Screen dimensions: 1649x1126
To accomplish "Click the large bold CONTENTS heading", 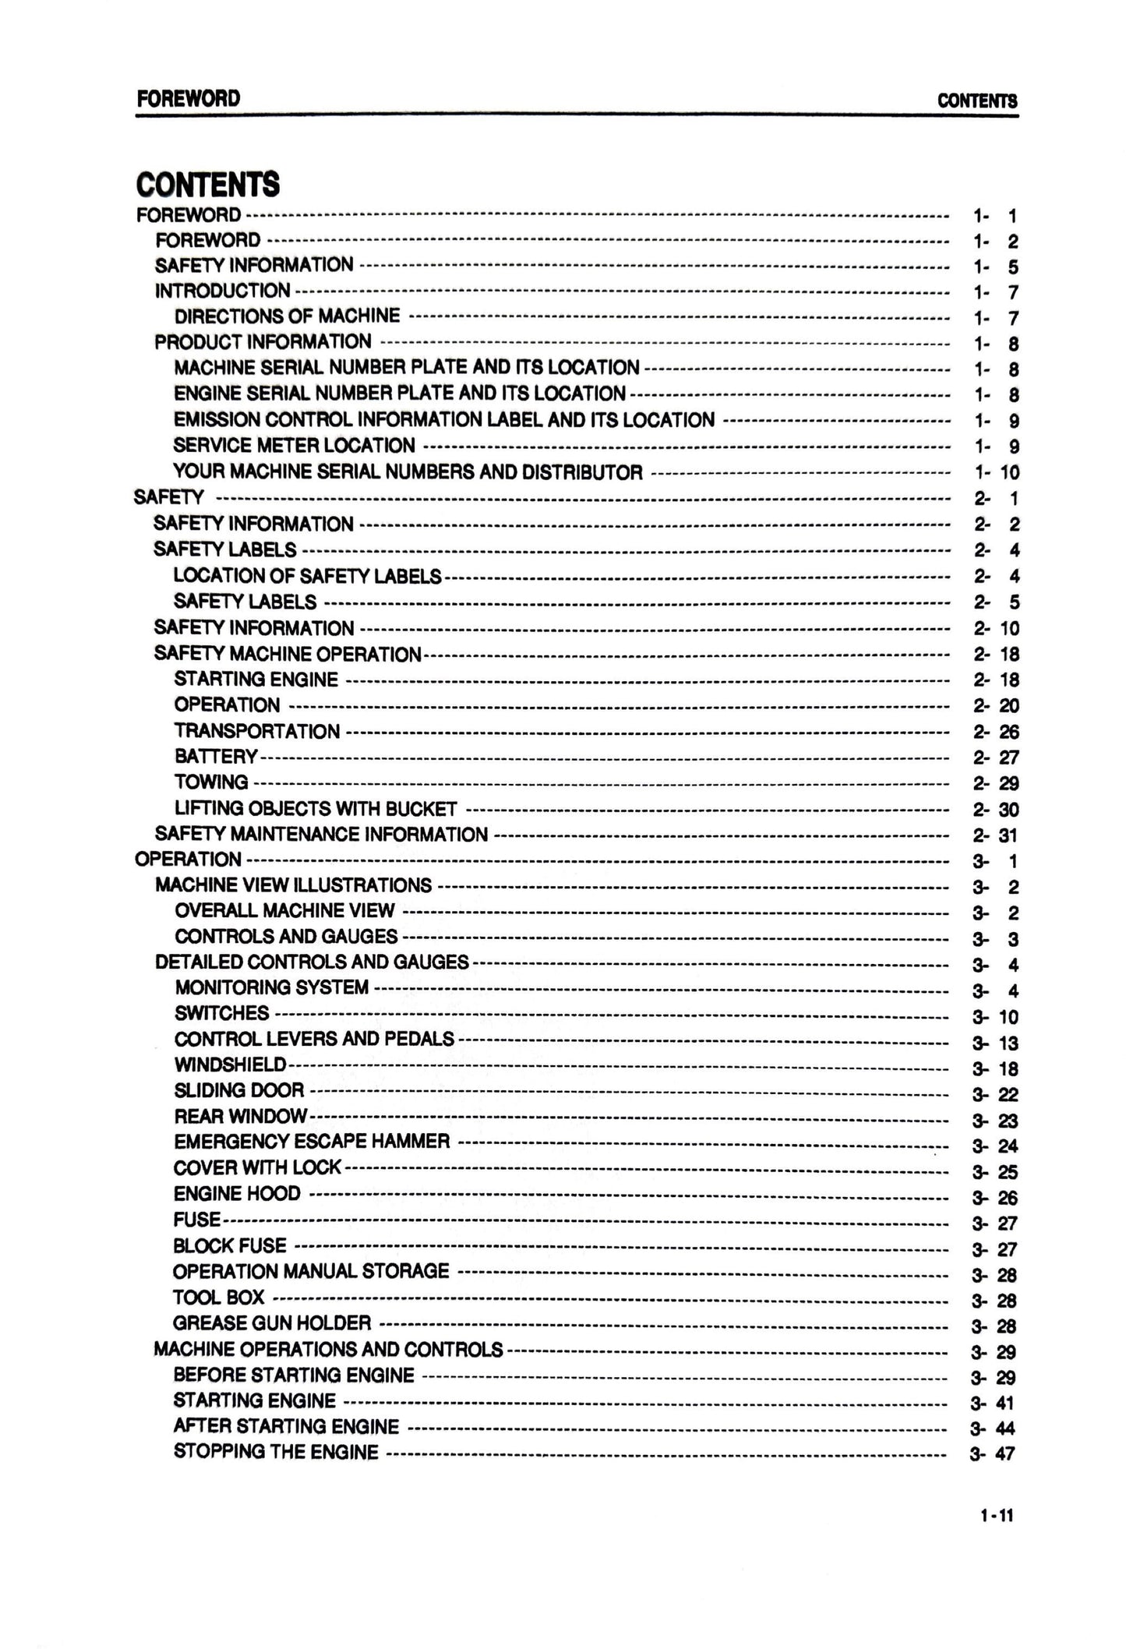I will coord(207,185).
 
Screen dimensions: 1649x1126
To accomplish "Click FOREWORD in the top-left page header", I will coord(188,99).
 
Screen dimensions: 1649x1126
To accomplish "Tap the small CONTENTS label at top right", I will coord(977,101).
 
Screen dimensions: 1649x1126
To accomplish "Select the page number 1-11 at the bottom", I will coord(997,1516).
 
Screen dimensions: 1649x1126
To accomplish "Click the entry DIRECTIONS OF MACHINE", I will coord(287,316).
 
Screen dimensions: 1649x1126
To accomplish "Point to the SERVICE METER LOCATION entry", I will coord(294,446).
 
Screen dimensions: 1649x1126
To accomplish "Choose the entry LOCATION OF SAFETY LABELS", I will coord(307,576).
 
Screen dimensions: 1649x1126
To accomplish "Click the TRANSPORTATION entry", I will coord(256,731).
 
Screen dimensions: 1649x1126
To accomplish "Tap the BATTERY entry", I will coord(216,757).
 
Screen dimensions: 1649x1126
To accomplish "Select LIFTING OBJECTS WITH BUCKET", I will coord(316,809).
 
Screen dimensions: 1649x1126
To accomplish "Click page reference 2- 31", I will coord(995,835).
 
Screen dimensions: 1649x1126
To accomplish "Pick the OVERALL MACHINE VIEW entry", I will coord(284,911).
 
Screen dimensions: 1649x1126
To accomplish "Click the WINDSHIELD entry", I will coord(230,1065).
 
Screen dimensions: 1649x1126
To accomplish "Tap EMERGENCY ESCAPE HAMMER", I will coord(312,1142).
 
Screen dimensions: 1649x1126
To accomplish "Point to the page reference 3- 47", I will coord(993,1454).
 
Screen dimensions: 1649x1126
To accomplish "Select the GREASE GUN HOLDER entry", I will coord(272,1323).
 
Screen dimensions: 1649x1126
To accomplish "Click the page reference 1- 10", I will coord(997,472).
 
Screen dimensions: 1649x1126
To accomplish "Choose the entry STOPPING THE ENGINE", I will coord(276,1453).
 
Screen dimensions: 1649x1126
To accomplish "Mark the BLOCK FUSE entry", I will coord(230,1245).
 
